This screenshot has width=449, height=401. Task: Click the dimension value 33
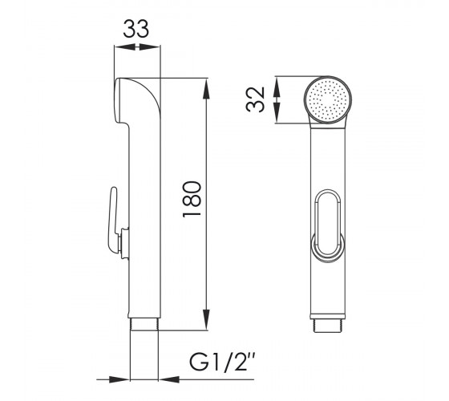136,29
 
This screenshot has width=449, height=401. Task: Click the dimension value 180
192,199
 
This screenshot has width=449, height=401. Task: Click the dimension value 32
255,99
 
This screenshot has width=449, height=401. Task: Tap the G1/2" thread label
222,362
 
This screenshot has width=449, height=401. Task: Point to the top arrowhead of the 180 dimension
206,88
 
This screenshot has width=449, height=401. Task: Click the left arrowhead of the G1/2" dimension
119,379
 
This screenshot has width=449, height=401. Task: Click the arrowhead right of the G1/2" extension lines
169,379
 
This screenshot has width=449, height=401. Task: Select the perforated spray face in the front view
328,100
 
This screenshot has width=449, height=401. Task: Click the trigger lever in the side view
112,221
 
